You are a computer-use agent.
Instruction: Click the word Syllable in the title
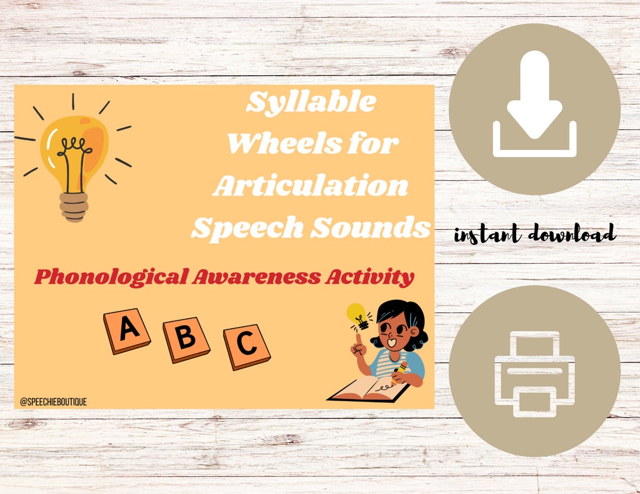(311, 103)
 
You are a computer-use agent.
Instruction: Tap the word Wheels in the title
(273, 144)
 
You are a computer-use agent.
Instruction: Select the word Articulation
(311, 186)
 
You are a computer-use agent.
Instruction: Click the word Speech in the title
(242, 228)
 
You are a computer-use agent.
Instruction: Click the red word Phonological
(110, 277)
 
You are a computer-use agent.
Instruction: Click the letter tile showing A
(126, 330)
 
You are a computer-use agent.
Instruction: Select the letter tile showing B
(186, 339)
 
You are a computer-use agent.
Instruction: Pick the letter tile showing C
(247, 347)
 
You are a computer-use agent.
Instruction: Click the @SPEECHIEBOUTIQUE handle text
(53, 402)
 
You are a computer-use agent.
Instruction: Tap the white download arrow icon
(535, 104)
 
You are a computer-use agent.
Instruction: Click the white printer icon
(535, 373)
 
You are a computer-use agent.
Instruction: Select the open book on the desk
(369, 389)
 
